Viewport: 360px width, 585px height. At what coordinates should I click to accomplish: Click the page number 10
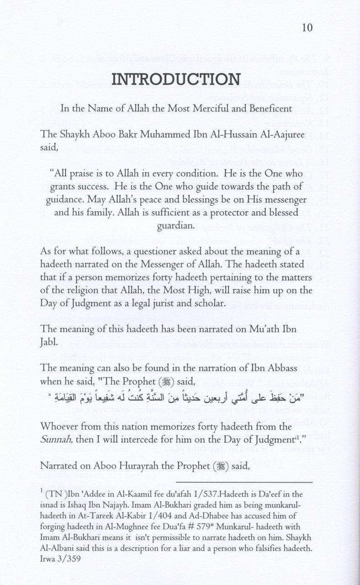307,28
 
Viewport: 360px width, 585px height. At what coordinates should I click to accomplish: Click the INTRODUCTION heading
176,79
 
